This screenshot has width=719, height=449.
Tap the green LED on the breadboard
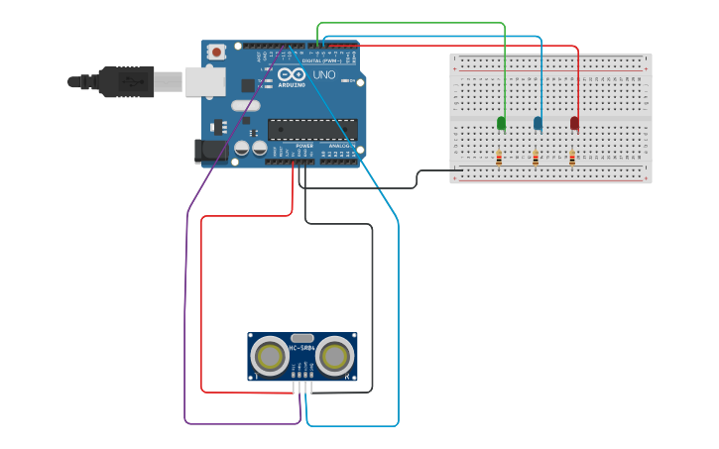pyautogui.click(x=501, y=123)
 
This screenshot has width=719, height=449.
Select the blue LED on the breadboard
pyautogui.click(x=538, y=123)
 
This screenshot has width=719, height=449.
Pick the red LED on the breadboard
pyautogui.click(x=574, y=123)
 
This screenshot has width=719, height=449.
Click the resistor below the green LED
pyautogui.click(x=499, y=157)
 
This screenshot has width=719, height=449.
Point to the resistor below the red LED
pyautogui.click(x=572, y=157)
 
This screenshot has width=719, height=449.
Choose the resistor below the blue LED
pyautogui.click(x=536, y=157)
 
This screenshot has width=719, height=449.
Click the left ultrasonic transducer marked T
pyautogui.click(x=269, y=356)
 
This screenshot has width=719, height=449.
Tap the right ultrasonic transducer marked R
pyautogui.click(x=335, y=356)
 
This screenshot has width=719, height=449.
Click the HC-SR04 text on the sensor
pyautogui.click(x=301, y=348)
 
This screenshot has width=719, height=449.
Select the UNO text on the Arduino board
pyautogui.click(x=324, y=75)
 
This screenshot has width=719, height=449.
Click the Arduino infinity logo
pyautogui.click(x=292, y=74)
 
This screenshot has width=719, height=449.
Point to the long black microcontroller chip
pyautogui.click(x=312, y=129)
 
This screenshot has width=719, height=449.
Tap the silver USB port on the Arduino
pyautogui.click(x=205, y=81)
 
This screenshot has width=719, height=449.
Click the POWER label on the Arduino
pyautogui.click(x=304, y=146)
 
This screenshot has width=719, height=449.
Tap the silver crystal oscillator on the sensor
pyautogui.click(x=301, y=338)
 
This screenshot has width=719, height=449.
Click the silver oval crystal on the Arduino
pyautogui.click(x=245, y=105)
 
